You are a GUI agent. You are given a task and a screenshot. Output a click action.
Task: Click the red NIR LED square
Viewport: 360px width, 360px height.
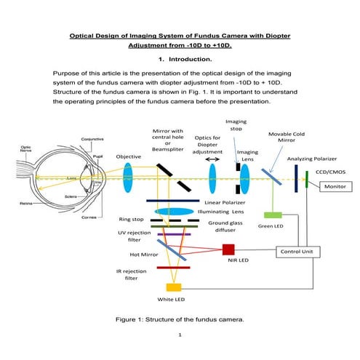[x=228, y=249]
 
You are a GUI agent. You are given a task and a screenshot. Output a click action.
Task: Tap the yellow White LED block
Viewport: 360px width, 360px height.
[x=174, y=287]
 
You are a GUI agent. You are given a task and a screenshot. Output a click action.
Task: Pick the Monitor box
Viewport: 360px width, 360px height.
[x=335, y=187]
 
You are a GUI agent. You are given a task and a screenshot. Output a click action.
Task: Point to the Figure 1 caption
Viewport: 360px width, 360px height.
[x=179, y=319]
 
